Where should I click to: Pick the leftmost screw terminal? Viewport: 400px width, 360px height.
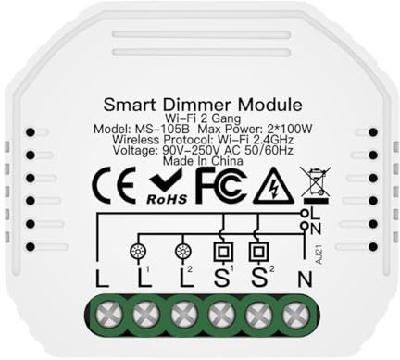pyautogui.click(x=101, y=314)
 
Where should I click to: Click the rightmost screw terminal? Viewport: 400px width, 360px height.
pyautogui.click(x=297, y=314)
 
